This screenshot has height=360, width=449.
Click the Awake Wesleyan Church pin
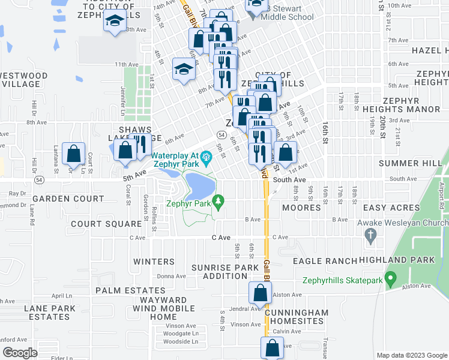(x=370, y=237)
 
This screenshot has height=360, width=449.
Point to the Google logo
(x=20, y=353)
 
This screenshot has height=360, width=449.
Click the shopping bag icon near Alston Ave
(x=260, y=293)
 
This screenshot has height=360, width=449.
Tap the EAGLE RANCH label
(x=325, y=261)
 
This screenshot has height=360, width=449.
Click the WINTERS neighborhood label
(x=154, y=262)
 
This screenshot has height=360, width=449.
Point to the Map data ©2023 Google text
(x=411, y=355)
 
